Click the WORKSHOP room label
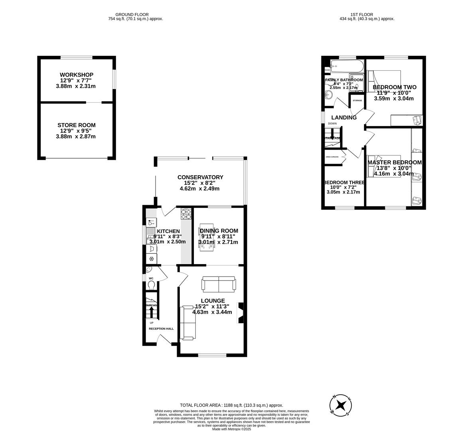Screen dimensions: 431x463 click(76, 75)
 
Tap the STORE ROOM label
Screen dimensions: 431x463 click(76, 125)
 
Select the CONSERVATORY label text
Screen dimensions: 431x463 click(200, 177)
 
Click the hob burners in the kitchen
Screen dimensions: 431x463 click(186, 214)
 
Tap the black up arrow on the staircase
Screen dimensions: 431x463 click(151, 311)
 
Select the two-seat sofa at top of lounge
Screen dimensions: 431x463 click(219, 284)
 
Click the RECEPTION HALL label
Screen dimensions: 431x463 click(161, 329)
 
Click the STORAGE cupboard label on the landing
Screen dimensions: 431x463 click(357, 101)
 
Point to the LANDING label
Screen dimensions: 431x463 click(344, 118)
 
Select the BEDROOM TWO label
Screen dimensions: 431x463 click(394, 87)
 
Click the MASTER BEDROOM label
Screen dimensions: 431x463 click(394, 162)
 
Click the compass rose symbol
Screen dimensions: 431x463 click(341, 405)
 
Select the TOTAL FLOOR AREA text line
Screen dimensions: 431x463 click(231, 405)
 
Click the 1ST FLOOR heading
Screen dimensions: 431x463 click(361, 14)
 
